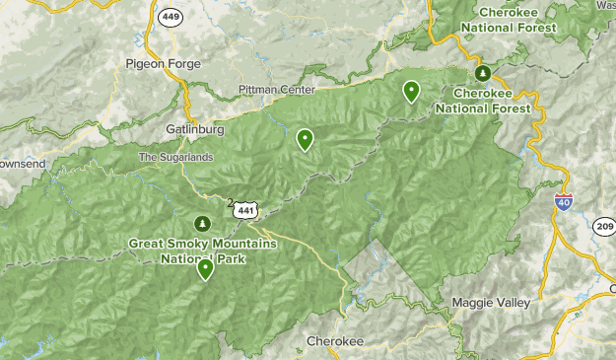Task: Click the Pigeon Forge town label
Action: coord(163,64)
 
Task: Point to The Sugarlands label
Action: coord(174,157)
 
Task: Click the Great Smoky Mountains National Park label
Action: coord(203,251)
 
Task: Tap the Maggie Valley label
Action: coord(490,302)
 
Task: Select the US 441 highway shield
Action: coord(247,209)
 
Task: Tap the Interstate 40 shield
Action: coord(564,202)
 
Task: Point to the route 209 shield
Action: coord(604,226)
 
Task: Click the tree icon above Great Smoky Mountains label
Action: coord(203,224)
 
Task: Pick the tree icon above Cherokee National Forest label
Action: coord(482,73)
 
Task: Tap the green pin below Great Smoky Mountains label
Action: coord(205,268)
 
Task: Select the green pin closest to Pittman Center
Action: coord(306,139)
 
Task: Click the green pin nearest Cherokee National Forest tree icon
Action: coord(411,91)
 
